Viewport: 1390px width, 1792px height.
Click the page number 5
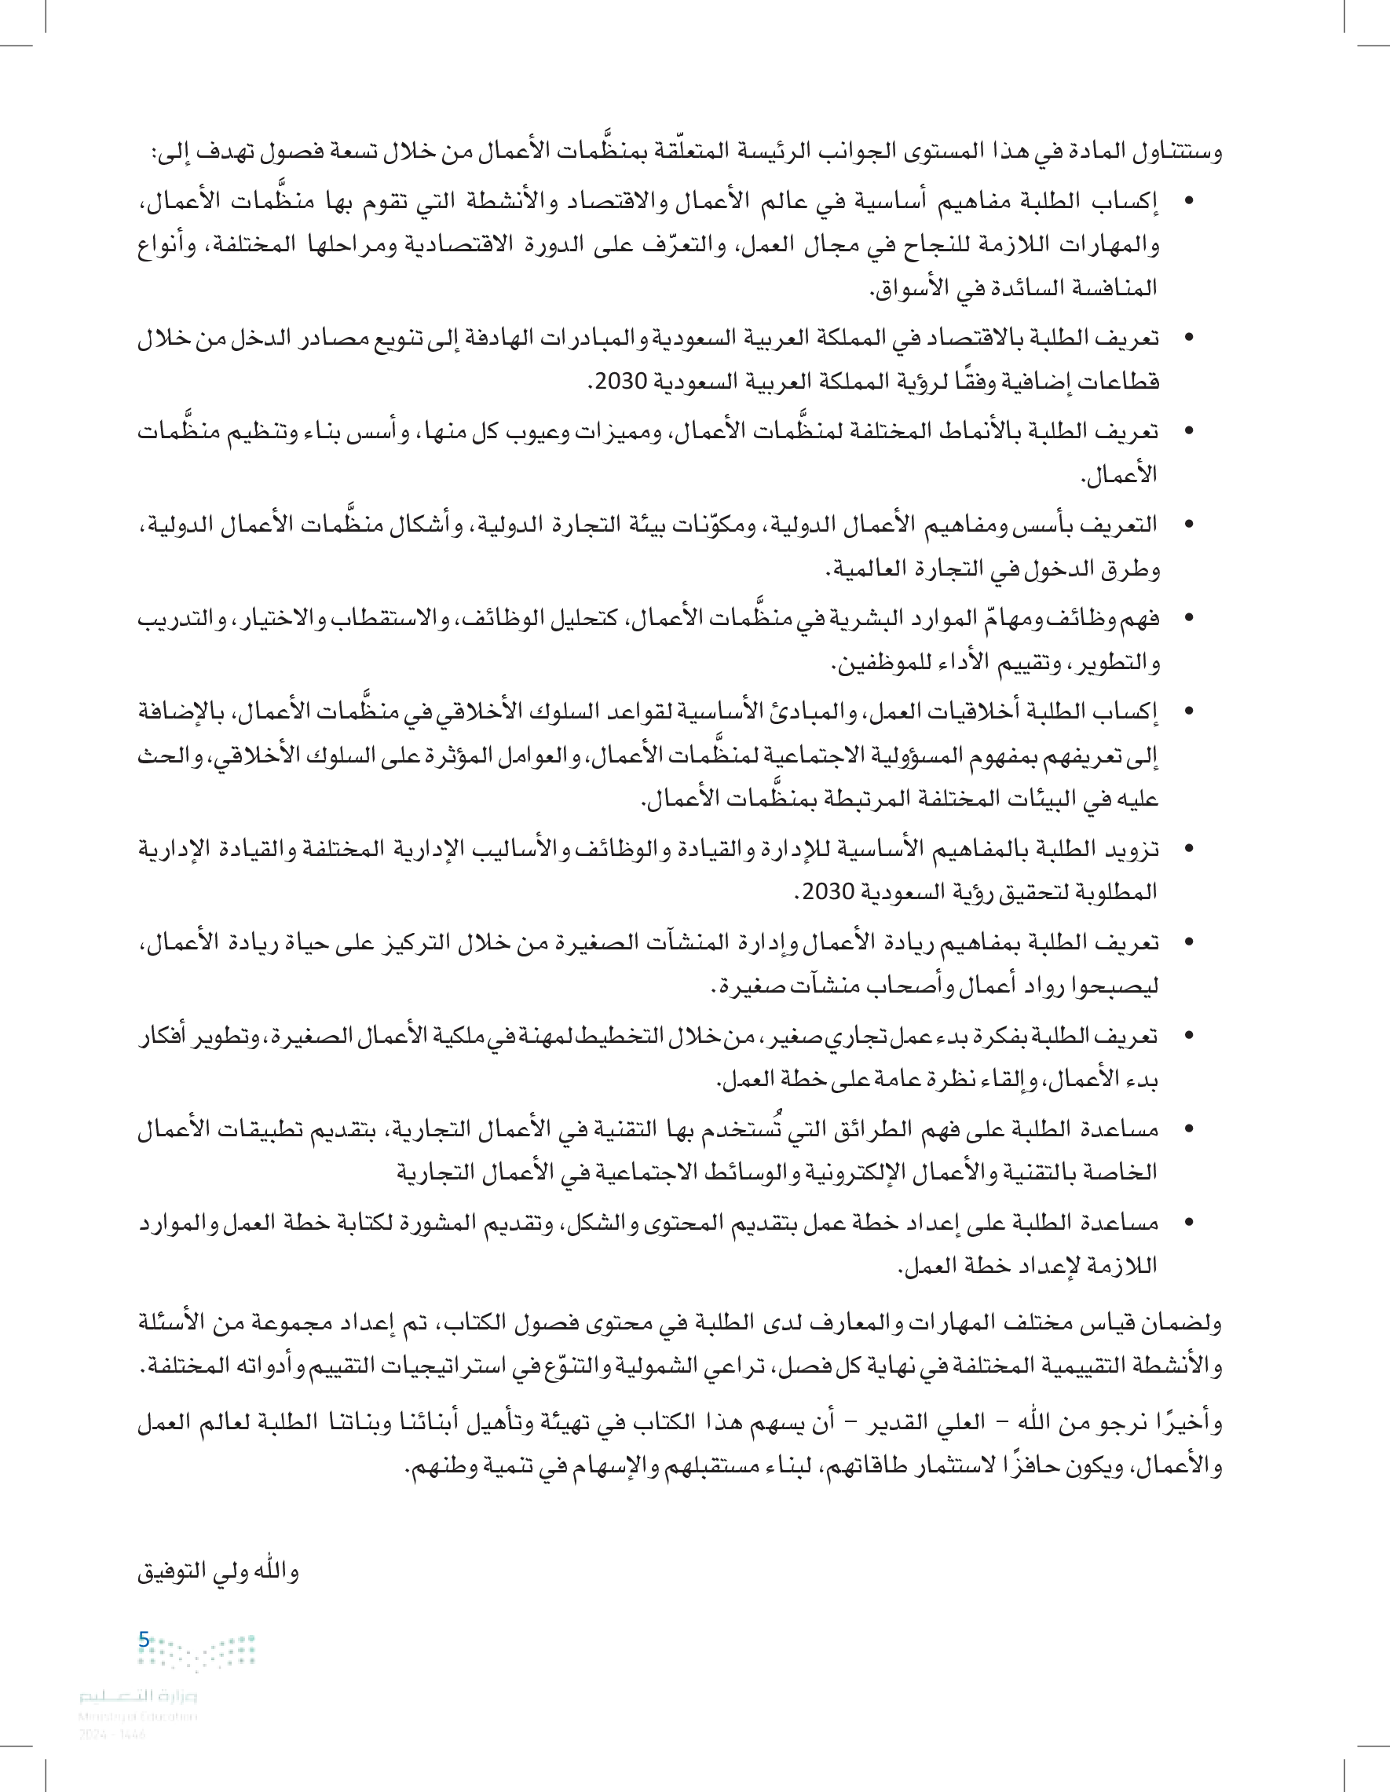pyautogui.click(x=144, y=1640)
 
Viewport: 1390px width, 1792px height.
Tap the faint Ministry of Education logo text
pyautogui.click(x=139, y=1696)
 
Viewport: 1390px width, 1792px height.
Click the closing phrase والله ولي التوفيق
pyautogui.click(x=218, y=1571)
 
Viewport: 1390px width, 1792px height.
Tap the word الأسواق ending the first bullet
pyautogui.click(x=910, y=288)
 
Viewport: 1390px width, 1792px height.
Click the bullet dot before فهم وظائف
pyautogui.click(x=1189, y=618)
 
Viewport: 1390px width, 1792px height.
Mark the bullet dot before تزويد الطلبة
pyautogui.click(x=1189, y=847)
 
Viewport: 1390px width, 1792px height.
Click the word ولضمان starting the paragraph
pyautogui.click(x=1183, y=1322)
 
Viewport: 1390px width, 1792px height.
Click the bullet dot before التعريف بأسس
pyautogui.click(x=1189, y=525)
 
